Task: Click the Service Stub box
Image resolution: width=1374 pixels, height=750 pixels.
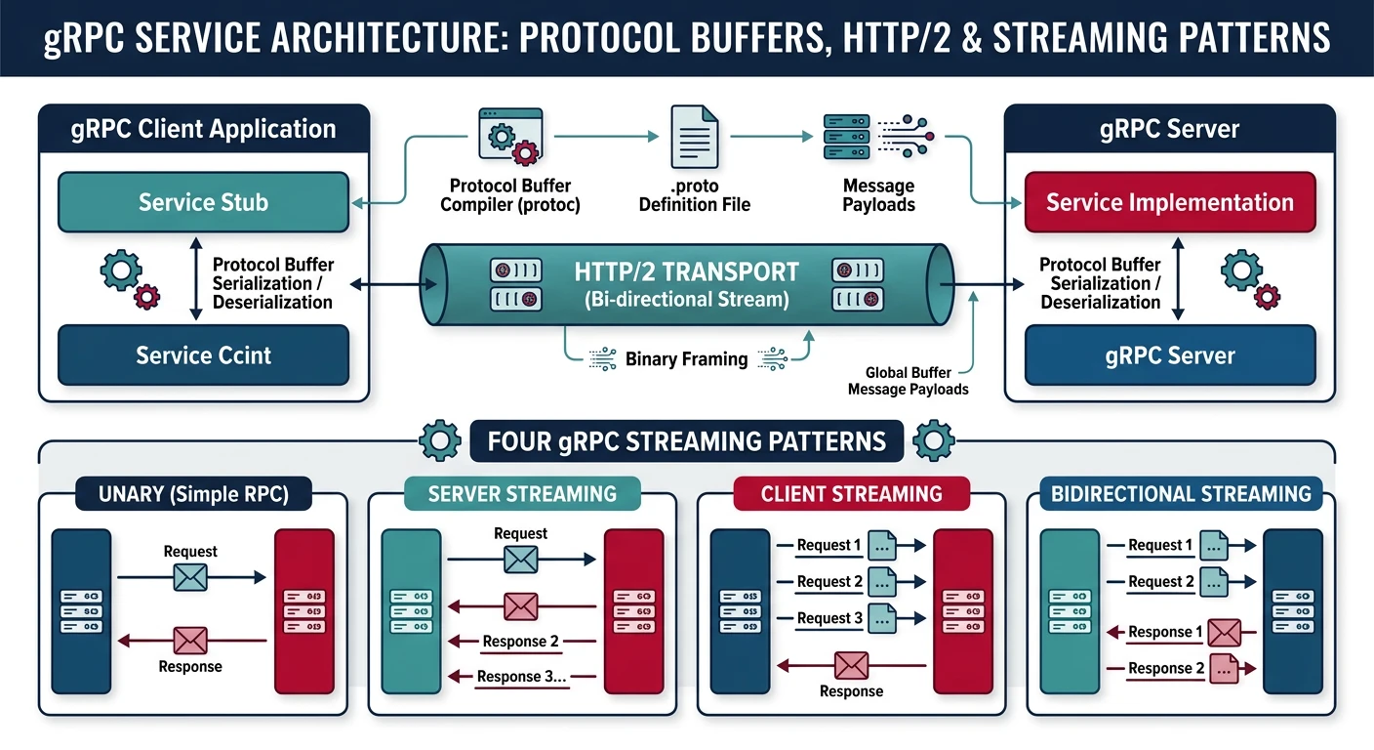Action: click(203, 202)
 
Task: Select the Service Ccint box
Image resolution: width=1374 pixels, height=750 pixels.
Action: click(203, 355)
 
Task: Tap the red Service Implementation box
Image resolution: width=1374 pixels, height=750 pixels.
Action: click(1169, 202)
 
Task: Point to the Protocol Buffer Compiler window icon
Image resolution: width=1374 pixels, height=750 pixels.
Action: click(508, 136)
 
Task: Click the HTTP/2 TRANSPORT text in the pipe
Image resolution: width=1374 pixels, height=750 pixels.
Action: click(686, 271)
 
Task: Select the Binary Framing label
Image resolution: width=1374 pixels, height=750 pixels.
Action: click(686, 359)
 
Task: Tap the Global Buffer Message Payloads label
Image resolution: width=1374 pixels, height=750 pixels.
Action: click(908, 381)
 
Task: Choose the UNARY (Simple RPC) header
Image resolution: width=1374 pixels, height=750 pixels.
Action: click(193, 494)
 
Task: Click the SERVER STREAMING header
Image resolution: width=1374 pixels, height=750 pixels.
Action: click(522, 493)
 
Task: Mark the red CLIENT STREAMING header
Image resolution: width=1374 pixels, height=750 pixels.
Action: click(851, 493)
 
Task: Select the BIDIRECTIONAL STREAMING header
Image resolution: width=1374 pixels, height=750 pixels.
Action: click(1180, 493)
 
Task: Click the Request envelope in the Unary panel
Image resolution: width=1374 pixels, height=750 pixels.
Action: click(190, 577)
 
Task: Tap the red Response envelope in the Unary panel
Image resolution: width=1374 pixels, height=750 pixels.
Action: click(190, 641)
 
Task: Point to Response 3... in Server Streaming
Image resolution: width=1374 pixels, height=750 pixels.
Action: click(522, 677)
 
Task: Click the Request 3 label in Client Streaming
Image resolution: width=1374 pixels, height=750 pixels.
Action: click(829, 617)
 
